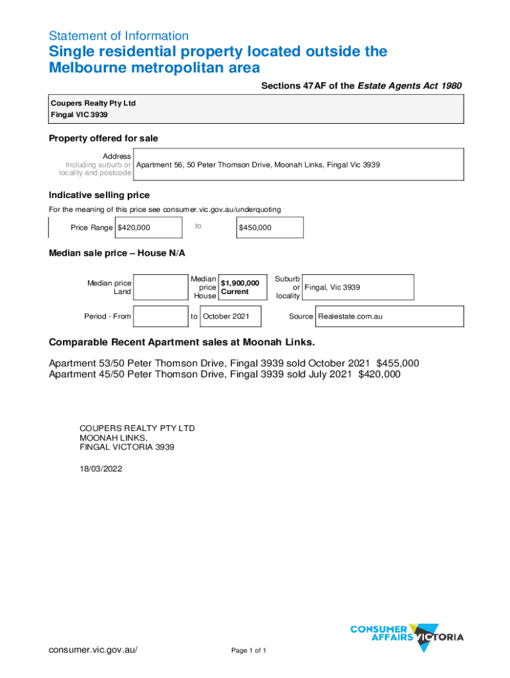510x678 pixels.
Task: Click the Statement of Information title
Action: [119, 36]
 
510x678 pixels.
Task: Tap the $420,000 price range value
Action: [134, 228]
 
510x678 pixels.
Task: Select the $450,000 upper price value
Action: [255, 228]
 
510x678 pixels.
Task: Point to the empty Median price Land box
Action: [160, 287]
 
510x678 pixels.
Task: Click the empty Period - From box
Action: [160, 316]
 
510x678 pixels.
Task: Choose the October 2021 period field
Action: [226, 316]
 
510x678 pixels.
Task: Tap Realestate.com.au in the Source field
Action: [350, 316]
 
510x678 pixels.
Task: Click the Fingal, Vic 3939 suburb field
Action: [332, 287]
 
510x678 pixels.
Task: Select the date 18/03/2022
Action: [101, 469]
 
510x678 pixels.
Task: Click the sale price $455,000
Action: [397, 363]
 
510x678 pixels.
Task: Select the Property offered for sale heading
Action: [103, 138]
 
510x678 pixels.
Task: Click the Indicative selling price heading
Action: [99, 195]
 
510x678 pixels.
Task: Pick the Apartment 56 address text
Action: [258, 164]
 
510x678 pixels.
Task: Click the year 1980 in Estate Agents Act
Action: [448, 85]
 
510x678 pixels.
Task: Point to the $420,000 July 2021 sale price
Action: [379, 374]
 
